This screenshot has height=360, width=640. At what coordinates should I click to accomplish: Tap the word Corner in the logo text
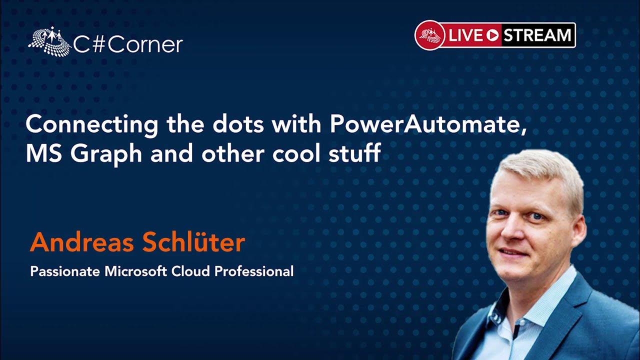(145, 45)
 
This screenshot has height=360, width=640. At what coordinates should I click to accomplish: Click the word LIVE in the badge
(466, 35)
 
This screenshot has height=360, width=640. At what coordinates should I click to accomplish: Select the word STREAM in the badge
(537, 35)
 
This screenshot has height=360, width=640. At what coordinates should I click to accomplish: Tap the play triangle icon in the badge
(493, 35)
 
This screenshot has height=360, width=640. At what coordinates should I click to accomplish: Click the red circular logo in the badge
(430, 35)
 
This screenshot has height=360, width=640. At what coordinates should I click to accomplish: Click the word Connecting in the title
(91, 125)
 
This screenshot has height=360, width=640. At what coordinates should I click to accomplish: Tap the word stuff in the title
(355, 152)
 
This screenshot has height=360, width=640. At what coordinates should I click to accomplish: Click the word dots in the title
(238, 124)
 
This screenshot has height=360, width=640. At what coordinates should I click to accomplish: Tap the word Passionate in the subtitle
(65, 271)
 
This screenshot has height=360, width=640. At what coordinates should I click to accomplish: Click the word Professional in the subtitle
(254, 271)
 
